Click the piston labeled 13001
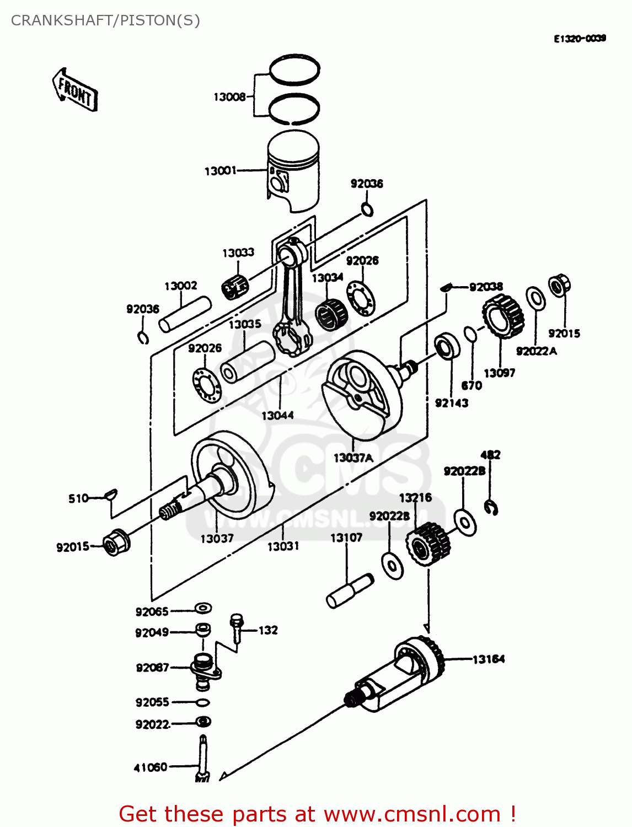(x=293, y=171)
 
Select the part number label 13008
(x=229, y=97)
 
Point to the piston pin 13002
(x=185, y=314)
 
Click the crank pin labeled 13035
(x=247, y=362)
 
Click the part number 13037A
(x=353, y=458)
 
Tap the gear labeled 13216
(x=428, y=544)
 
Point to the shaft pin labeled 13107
(x=350, y=590)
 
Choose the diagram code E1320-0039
(x=580, y=38)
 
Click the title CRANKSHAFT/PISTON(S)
(x=105, y=20)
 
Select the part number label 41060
(x=150, y=767)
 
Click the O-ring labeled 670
(x=470, y=334)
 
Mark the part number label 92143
(x=451, y=403)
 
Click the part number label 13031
(x=283, y=546)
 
